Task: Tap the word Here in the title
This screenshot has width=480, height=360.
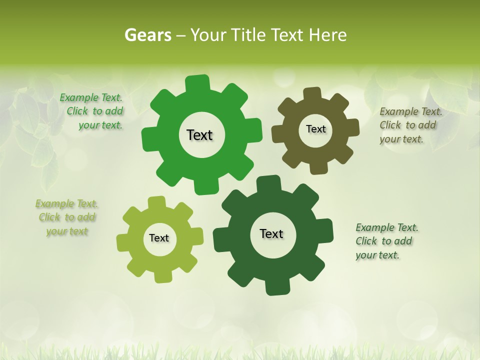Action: pos(327,35)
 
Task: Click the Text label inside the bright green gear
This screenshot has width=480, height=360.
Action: pos(199,135)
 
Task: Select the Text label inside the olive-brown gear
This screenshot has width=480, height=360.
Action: pos(315,129)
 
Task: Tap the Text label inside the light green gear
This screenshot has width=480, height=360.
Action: pos(159,238)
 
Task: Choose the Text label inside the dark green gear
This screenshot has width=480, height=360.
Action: pos(271,233)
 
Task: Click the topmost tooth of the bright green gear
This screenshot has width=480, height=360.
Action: pos(197,82)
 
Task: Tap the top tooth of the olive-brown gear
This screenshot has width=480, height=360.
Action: pos(312,94)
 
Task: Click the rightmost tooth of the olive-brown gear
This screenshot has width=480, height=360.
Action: pos(352,127)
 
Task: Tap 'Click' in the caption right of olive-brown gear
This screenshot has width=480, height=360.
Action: pos(390,125)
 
